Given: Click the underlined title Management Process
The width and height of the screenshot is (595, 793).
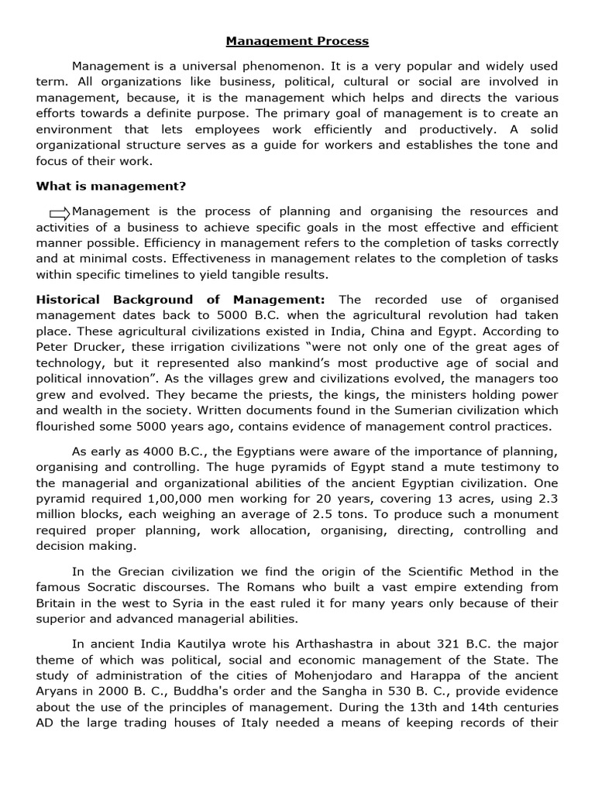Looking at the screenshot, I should [297, 40].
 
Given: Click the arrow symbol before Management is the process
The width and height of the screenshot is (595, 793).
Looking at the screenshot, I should [59, 212].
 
